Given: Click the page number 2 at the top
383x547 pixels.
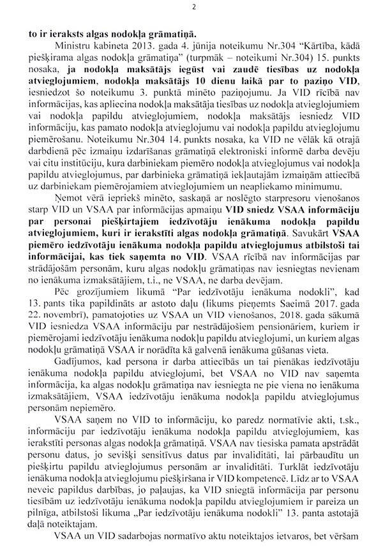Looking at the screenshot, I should pyautogui.click(x=192, y=6).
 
